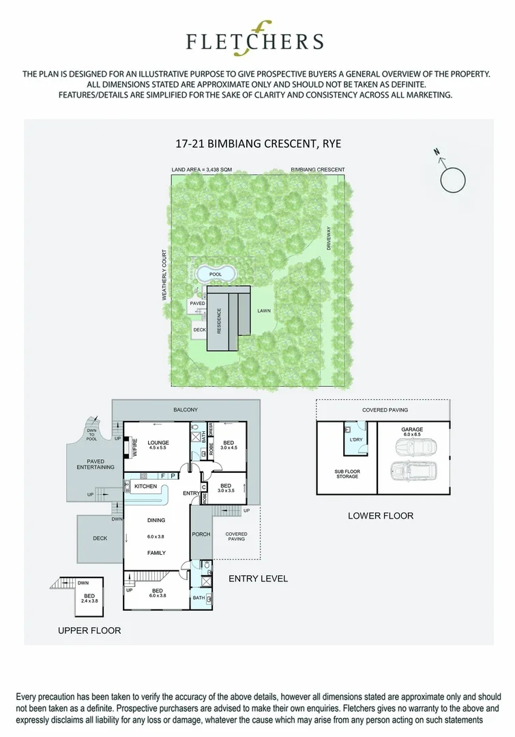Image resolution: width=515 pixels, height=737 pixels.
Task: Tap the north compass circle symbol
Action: pos(454,180)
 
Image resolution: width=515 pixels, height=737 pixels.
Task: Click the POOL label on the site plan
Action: pos(216,274)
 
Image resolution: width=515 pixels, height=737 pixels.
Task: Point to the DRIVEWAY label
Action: pos(328,237)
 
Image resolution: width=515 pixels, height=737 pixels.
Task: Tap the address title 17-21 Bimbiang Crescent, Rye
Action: pos(254,144)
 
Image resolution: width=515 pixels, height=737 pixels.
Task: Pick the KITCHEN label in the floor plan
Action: pos(146,487)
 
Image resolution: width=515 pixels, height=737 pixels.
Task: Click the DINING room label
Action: pos(157,520)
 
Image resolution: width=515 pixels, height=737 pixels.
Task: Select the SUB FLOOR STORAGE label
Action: pos(347,474)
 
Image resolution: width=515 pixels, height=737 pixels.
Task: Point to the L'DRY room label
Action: pos(355,439)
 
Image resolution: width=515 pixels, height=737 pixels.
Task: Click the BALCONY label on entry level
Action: pos(186,409)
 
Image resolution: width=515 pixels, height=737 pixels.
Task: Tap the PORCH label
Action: pos(201,534)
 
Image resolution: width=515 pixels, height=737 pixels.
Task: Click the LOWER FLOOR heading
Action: pos(380,516)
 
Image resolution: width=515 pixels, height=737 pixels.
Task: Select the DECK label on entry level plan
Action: pos(100,538)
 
